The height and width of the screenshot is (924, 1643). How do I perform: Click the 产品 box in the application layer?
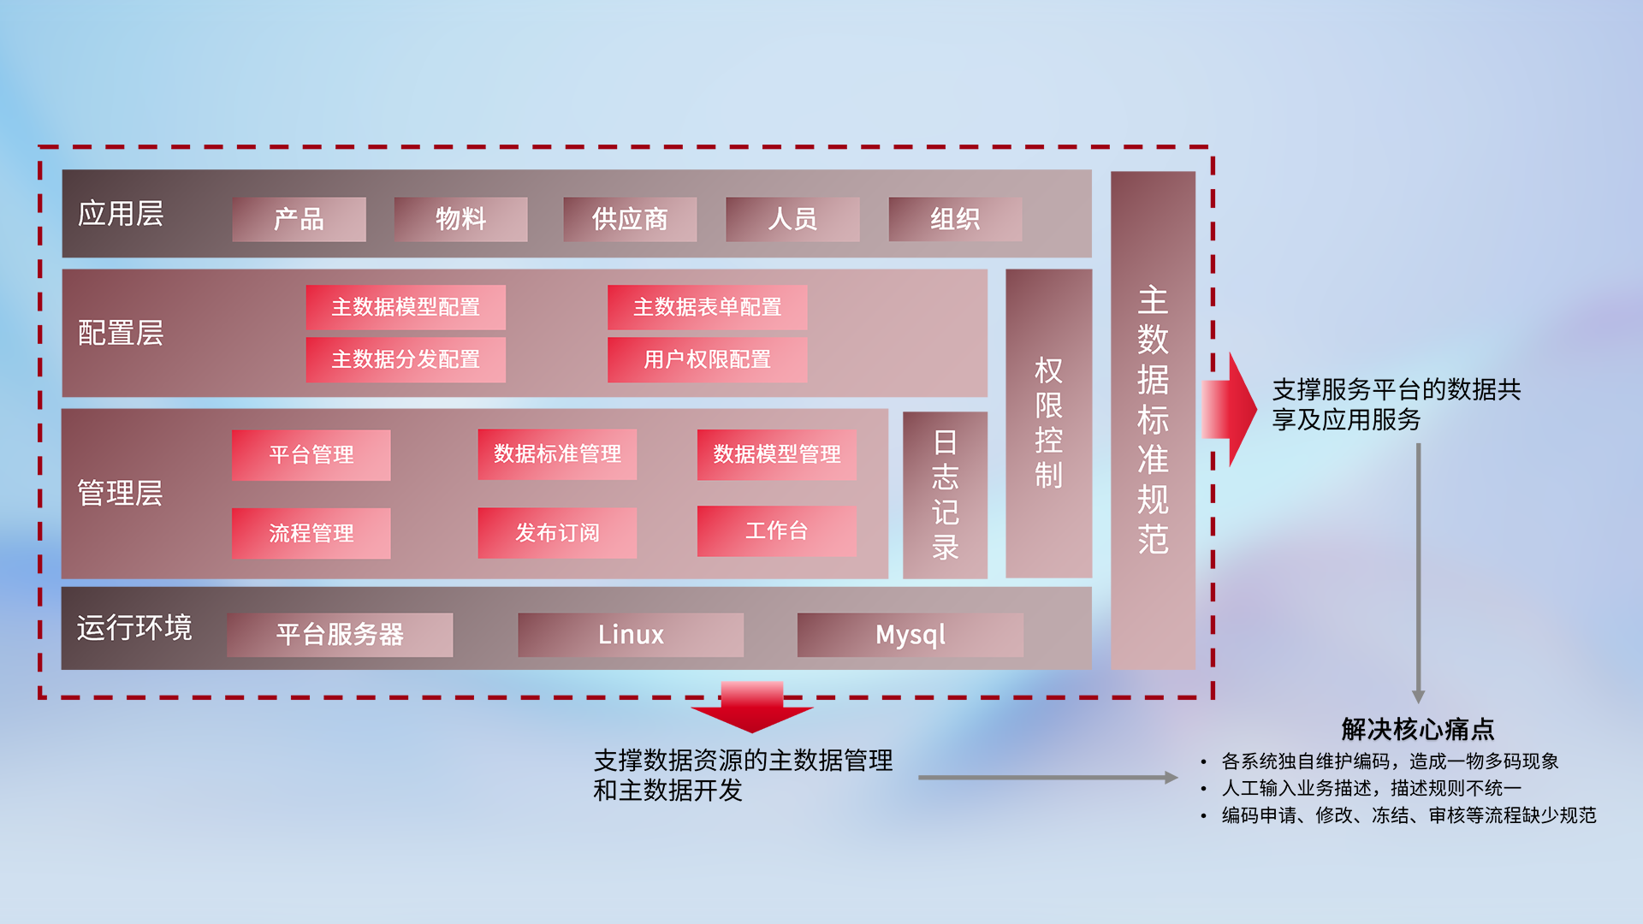[x=299, y=219]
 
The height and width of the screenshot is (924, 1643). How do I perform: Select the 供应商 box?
[x=630, y=219]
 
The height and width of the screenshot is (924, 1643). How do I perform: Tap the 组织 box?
[x=955, y=219]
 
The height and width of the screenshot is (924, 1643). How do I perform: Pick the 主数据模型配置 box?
[x=406, y=307]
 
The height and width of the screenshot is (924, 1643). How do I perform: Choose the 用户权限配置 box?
[x=707, y=359]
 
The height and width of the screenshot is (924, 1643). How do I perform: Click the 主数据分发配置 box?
[x=406, y=359]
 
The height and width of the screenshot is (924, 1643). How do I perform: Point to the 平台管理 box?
[x=311, y=454]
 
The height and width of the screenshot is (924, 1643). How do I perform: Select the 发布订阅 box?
[x=557, y=532]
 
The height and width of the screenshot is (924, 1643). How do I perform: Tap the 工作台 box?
[x=776, y=530]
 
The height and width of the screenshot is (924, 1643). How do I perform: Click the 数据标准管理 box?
[x=557, y=453]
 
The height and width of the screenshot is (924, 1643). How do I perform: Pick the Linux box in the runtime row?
[x=631, y=634]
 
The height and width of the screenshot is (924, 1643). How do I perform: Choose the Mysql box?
[x=910, y=634]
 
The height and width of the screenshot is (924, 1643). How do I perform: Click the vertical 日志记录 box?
[x=945, y=495]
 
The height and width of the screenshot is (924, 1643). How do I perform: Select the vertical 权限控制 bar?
[x=1048, y=423]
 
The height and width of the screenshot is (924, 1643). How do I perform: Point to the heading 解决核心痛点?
[x=1417, y=729]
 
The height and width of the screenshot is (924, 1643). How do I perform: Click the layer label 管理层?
[x=120, y=493]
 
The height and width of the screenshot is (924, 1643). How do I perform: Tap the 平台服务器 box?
[x=340, y=634]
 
